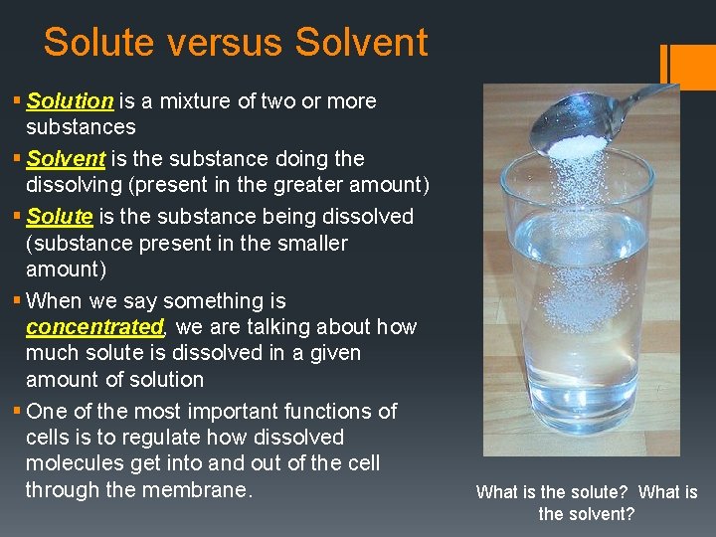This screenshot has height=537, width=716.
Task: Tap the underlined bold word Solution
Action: [x=70, y=100]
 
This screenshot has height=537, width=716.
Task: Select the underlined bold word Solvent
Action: [x=66, y=158]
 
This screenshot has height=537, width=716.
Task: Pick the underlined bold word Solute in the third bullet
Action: [x=60, y=216]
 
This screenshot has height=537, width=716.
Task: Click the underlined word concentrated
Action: [x=94, y=327]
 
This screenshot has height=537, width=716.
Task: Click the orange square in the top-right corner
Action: [x=694, y=66]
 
